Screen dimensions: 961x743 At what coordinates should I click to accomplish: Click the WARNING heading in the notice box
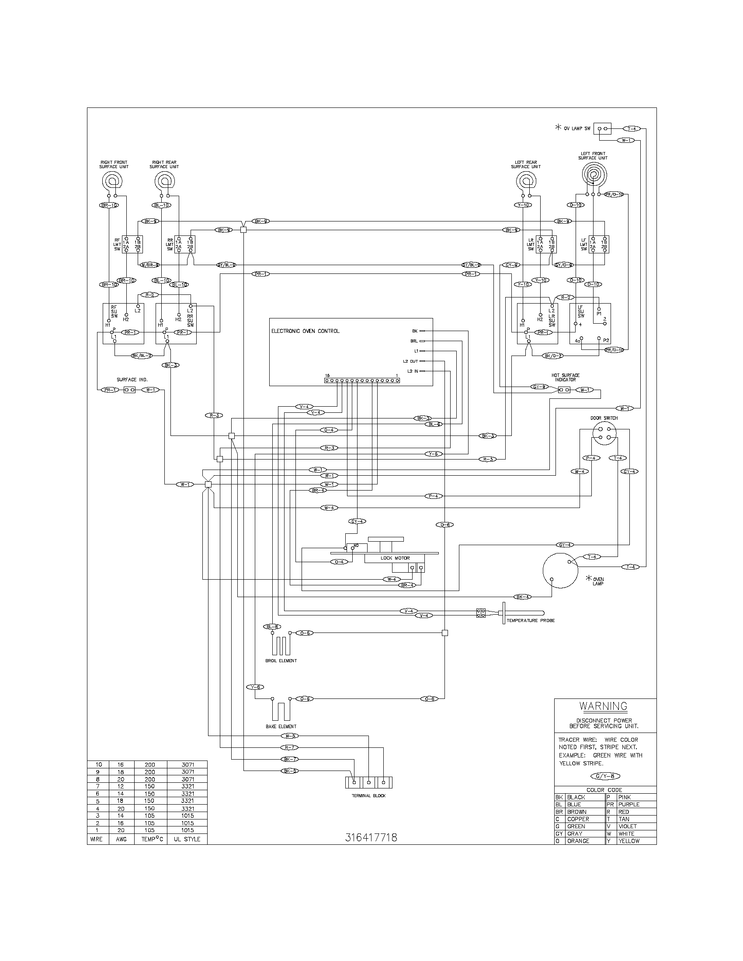tap(603, 706)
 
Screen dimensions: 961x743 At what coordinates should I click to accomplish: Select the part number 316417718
tap(371, 837)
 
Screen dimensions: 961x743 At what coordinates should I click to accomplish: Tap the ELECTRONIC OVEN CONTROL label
tap(305, 331)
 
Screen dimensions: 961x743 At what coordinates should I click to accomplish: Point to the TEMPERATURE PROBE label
tap(531, 620)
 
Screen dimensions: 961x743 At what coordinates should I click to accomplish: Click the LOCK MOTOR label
tap(395, 558)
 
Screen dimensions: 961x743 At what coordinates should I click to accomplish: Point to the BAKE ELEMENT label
tap(281, 726)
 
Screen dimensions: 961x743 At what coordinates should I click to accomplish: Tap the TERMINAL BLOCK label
tap(368, 795)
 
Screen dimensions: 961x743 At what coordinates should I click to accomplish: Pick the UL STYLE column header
tap(187, 839)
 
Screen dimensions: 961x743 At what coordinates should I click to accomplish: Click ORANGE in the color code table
tap(578, 841)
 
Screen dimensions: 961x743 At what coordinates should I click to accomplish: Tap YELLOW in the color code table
tap(628, 841)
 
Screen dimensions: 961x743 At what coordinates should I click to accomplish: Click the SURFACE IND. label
tap(132, 379)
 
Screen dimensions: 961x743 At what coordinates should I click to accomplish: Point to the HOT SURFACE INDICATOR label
tap(565, 377)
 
